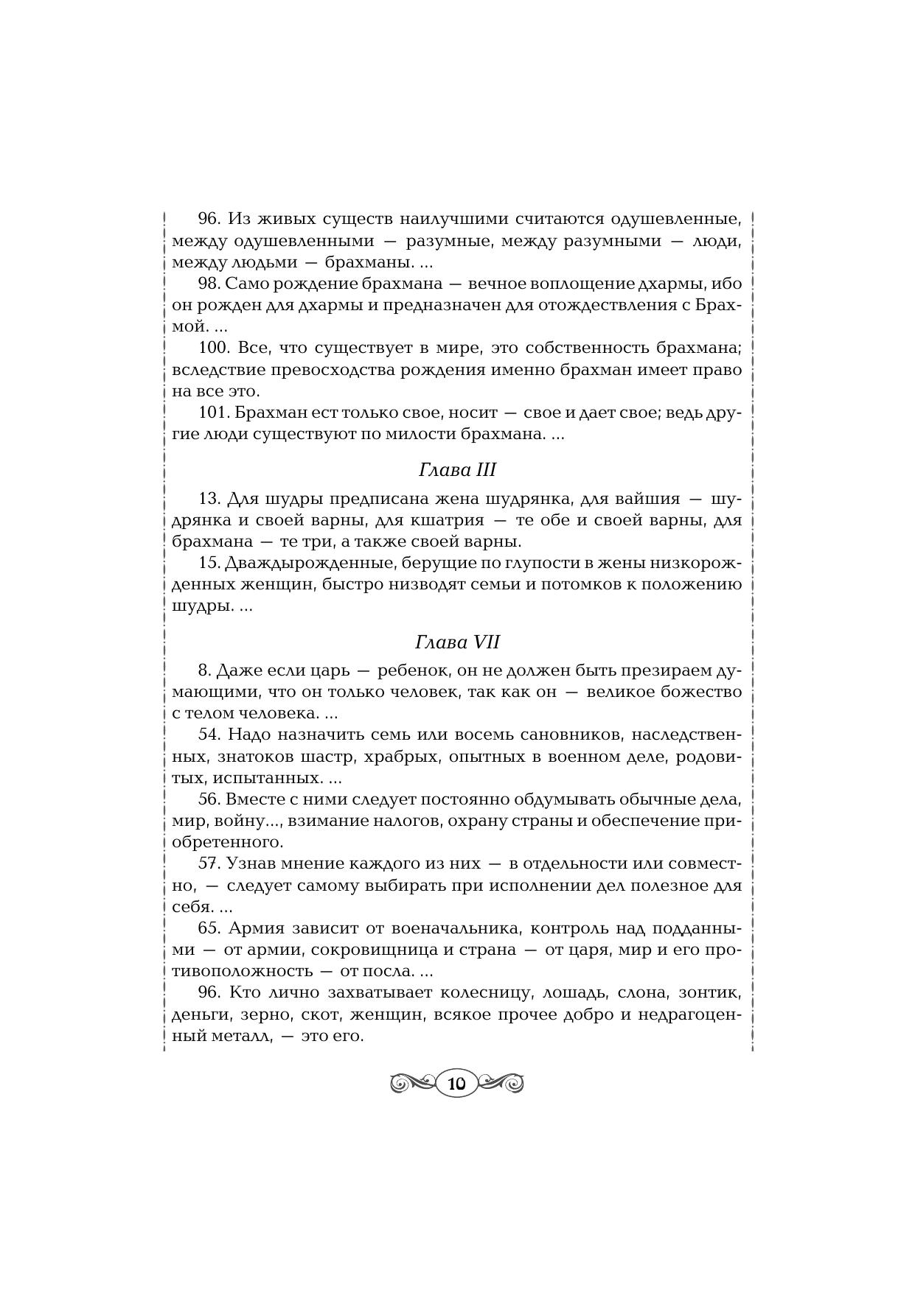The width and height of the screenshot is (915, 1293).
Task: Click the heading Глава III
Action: (x=457, y=470)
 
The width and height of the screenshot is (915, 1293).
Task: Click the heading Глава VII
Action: (x=457, y=642)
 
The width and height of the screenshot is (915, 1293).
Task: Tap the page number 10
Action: (x=456, y=1083)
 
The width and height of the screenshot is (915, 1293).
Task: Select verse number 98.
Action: (x=209, y=284)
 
